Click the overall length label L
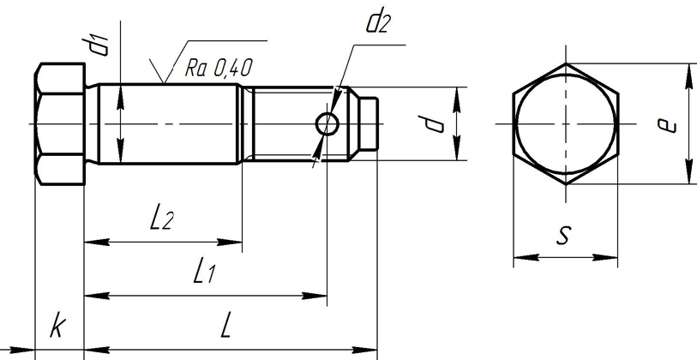(226, 326)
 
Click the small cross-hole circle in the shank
(327, 125)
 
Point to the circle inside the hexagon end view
(565, 125)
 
